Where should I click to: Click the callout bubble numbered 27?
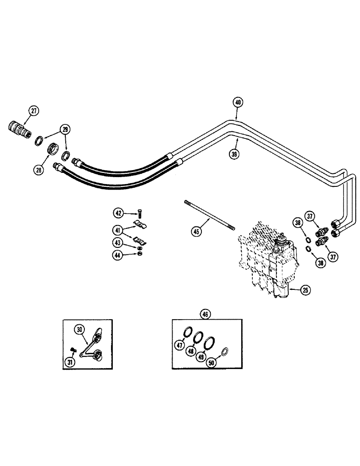(34, 111)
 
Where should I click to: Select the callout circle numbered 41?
(118, 229)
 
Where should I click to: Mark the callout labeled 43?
(118, 242)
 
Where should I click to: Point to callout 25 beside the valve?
(305, 291)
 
